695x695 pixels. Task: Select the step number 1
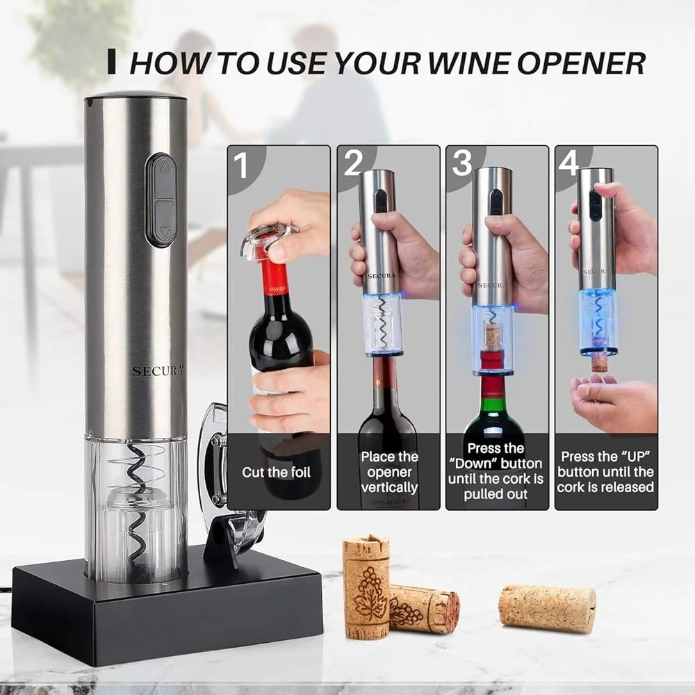(x=240, y=167)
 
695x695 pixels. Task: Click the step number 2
(x=353, y=163)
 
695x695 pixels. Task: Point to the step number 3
(x=462, y=163)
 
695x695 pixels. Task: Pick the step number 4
(x=569, y=163)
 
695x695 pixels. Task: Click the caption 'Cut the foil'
(x=277, y=473)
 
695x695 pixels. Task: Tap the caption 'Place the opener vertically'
(x=389, y=472)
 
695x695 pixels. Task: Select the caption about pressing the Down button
(x=496, y=471)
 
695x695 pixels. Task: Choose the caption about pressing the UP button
(x=605, y=472)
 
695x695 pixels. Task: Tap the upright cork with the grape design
(x=366, y=585)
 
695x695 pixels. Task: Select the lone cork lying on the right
(x=547, y=608)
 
